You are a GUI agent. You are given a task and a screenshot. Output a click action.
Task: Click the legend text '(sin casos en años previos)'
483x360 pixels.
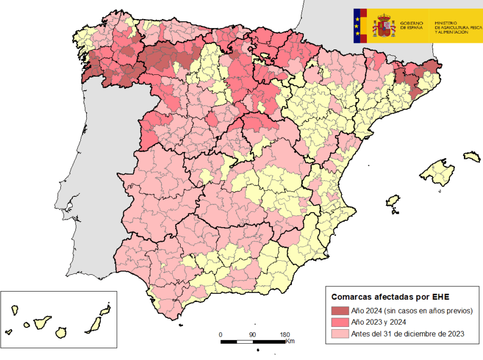428,310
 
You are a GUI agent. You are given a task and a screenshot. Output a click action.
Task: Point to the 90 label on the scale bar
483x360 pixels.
252,335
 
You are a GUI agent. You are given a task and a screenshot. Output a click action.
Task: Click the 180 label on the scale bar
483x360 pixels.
284,335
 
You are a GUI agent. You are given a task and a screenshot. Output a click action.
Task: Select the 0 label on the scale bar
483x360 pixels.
220,335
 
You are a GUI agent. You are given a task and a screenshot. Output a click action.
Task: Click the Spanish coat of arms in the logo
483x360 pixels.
384,26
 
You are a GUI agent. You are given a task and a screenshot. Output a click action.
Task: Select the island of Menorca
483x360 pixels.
472,157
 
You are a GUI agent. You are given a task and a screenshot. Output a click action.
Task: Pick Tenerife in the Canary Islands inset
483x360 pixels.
42,323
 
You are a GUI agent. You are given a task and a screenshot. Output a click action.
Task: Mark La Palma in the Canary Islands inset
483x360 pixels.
15,310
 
